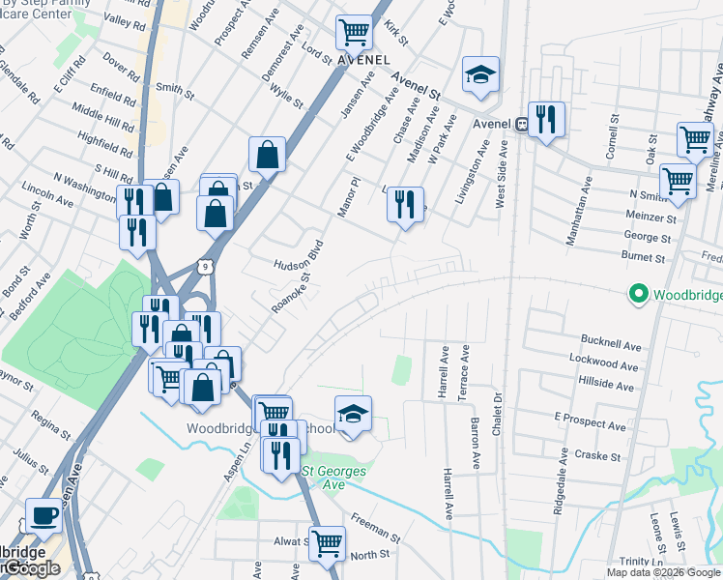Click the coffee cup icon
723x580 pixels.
[x=43, y=515]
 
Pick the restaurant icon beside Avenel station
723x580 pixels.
[x=546, y=119]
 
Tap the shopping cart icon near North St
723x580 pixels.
[x=327, y=542]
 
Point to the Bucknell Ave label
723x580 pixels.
[x=611, y=345]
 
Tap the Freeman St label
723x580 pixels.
[x=375, y=528]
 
